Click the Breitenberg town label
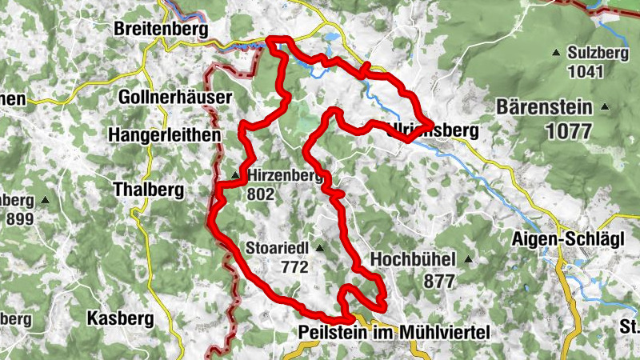161,30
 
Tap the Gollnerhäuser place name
174,97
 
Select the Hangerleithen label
166,134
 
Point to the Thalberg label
149,190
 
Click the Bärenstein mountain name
543,107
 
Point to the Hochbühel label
413,259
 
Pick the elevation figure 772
294,268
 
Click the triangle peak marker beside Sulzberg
556,54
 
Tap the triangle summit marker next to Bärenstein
606,107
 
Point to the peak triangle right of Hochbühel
468,259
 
